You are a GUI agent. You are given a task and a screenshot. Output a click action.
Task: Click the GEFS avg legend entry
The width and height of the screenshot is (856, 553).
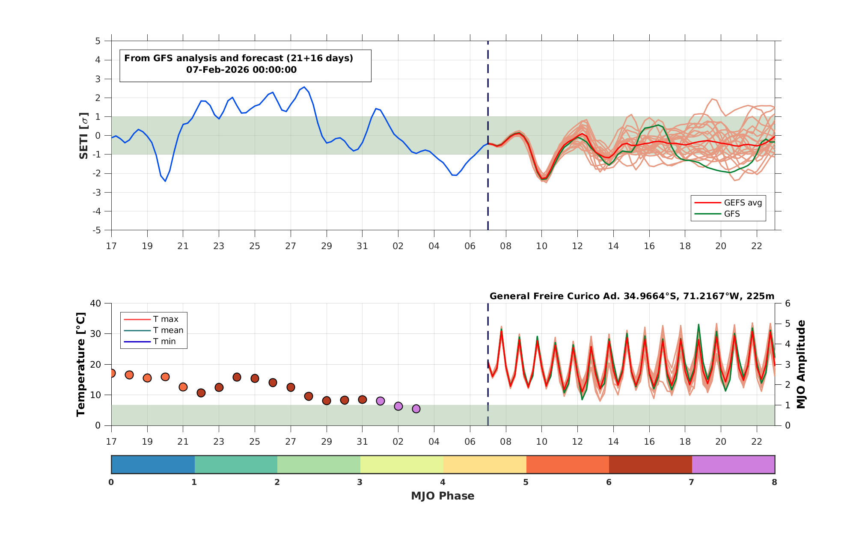[x=728, y=203]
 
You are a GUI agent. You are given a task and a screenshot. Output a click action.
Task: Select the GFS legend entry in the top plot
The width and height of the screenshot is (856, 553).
[x=717, y=214]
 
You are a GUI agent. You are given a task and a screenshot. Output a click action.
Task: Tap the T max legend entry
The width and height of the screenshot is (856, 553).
[x=151, y=319]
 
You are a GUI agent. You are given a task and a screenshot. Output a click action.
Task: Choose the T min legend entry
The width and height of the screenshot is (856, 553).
[x=150, y=342]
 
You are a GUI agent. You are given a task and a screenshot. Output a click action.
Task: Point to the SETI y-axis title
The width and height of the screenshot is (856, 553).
[x=83, y=136]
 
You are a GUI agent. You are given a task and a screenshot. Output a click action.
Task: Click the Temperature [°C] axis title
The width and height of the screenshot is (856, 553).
[x=81, y=364]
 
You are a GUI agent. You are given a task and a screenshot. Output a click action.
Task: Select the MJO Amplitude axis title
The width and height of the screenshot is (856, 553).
[x=801, y=364]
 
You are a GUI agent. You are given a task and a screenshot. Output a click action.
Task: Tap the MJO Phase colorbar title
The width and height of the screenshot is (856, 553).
[x=443, y=496]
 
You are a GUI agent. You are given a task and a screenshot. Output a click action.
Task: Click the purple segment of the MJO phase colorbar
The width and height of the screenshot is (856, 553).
[x=733, y=464]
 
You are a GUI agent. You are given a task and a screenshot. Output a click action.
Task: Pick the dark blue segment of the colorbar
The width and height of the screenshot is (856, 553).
[x=153, y=464]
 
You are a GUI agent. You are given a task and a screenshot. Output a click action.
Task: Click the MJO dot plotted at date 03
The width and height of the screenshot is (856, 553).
[x=416, y=409]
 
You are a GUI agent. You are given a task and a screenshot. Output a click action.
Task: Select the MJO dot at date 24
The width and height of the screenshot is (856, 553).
[x=237, y=377]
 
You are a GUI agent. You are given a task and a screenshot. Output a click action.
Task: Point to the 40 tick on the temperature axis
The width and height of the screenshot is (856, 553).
[x=95, y=303]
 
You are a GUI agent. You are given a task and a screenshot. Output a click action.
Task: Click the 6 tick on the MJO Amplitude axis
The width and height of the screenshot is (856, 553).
[x=788, y=303]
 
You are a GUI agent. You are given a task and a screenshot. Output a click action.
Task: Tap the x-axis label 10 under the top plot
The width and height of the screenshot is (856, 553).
[x=541, y=246]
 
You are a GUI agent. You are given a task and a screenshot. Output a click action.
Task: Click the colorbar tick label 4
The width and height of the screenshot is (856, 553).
[x=443, y=482]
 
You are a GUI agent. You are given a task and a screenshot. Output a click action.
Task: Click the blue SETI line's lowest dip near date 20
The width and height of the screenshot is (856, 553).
[x=165, y=181]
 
